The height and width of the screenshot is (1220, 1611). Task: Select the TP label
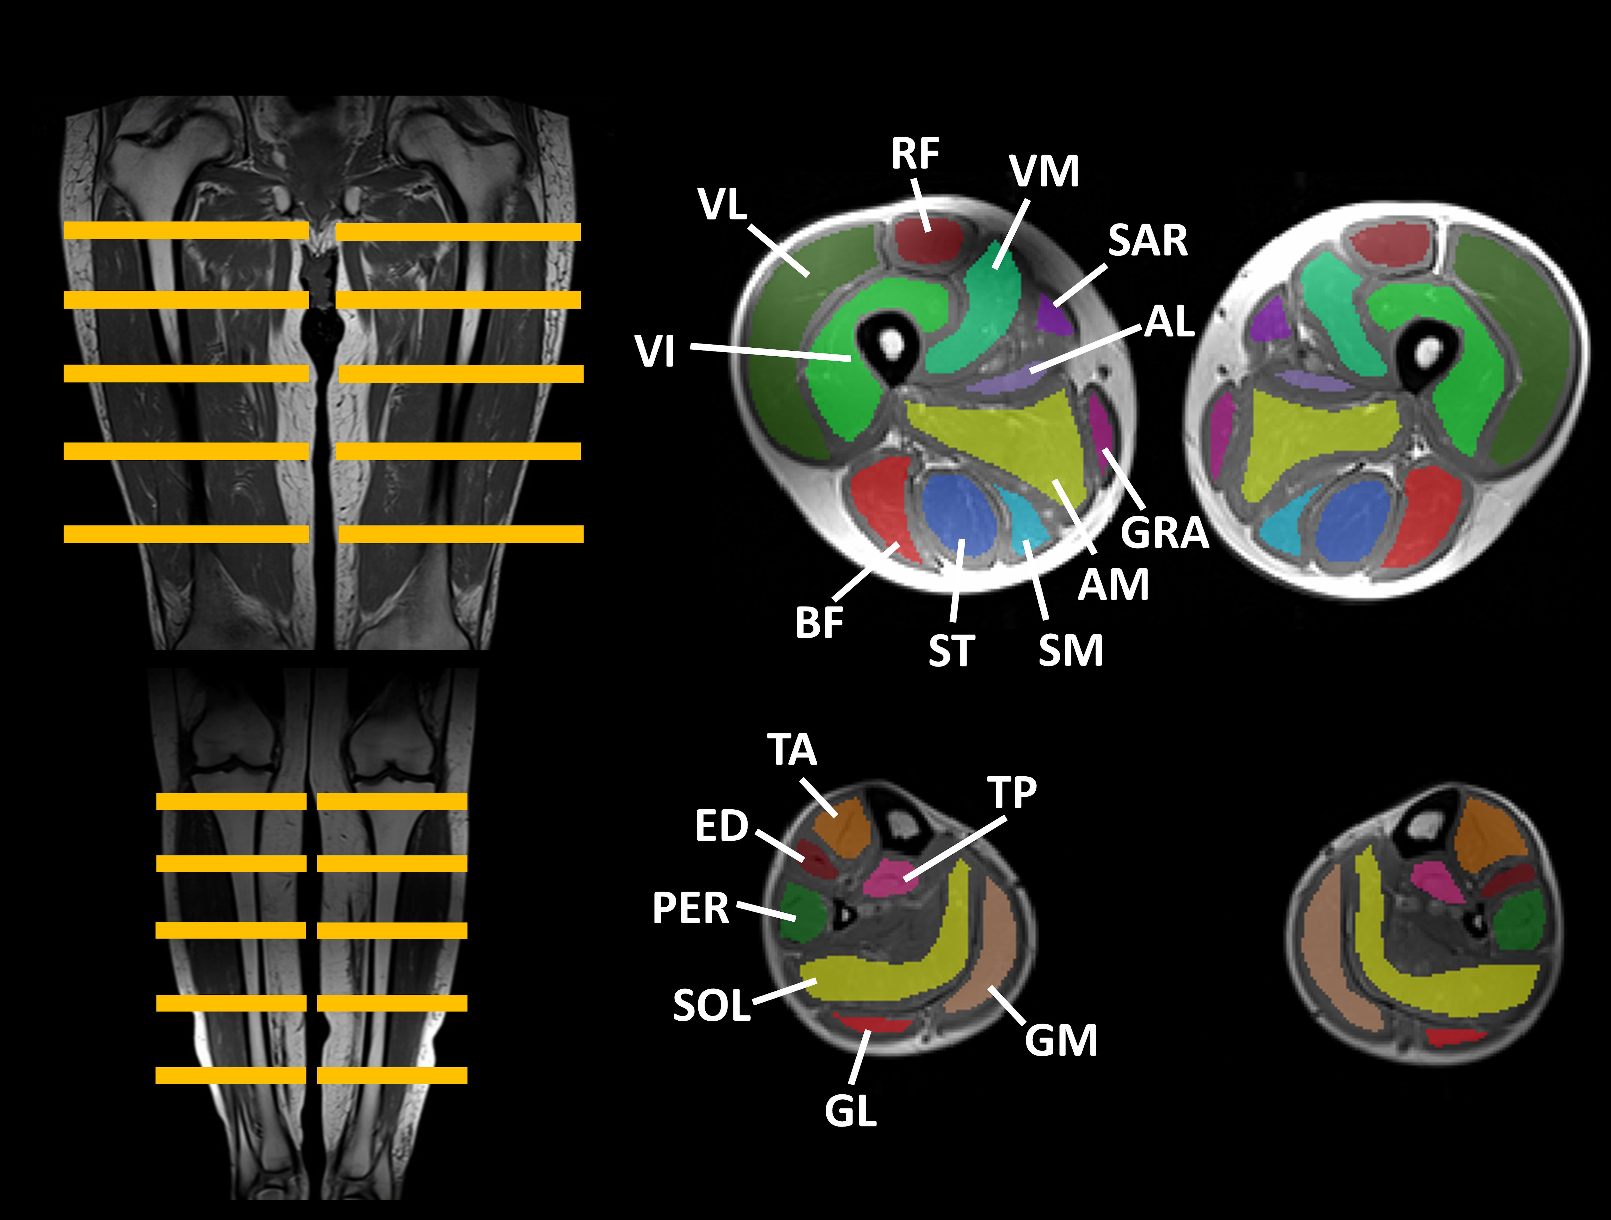point(1012,793)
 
